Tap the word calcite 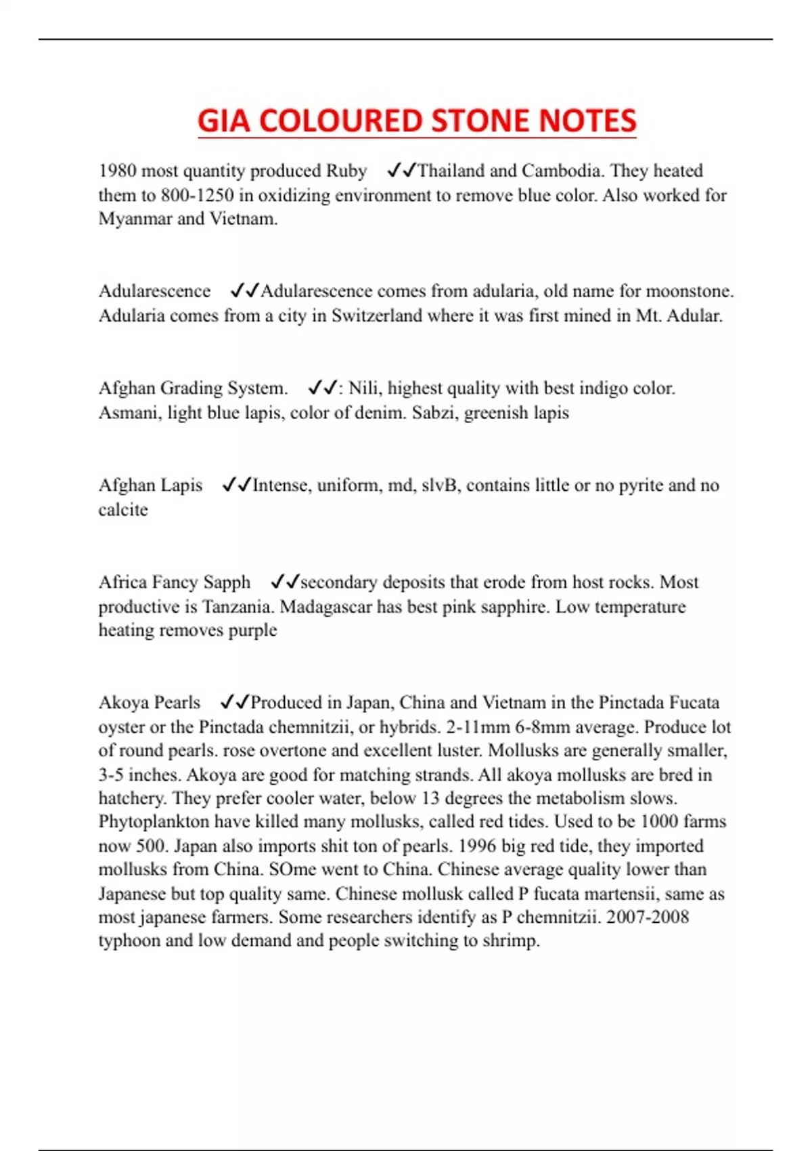(x=123, y=510)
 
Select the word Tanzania (x=238, y=607)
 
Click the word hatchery (x=133, y=798)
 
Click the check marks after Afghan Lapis (x=236, y=485)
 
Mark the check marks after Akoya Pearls (x=235, y=702)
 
